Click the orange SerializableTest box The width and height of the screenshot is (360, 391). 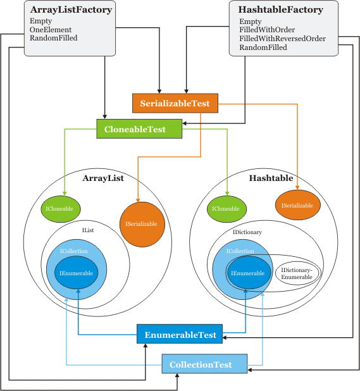pos(175,103)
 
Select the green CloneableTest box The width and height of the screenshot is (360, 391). pos(139,129)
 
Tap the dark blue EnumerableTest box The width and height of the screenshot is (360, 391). pos(180,334)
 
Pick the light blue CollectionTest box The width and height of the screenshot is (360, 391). pos(204,364)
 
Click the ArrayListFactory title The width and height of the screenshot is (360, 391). pos(71,10)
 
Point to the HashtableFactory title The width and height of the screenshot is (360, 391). pos(281,9)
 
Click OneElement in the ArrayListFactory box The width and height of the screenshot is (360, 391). pos(51,30)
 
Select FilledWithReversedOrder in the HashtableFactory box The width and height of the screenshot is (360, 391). pos(282,39)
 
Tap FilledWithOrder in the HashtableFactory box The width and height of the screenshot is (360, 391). pos(267,30)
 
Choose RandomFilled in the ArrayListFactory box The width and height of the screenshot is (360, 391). pos(54,38)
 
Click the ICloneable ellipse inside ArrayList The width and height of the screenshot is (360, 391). pos(61,209)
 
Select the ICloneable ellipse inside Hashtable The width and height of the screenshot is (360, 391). pos(227,209)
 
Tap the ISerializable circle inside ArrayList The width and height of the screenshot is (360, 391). pos(142,225)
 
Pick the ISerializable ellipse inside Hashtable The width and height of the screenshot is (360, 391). pos(297,205)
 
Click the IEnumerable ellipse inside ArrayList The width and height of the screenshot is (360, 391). pos(77,273)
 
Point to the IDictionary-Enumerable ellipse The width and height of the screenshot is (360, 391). pos(297,273)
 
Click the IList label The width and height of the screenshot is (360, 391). pos(88,230)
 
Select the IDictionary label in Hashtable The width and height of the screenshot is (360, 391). pos(247,232)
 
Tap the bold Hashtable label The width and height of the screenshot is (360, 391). pos(271,178)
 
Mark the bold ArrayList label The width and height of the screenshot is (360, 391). pos(103,178)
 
